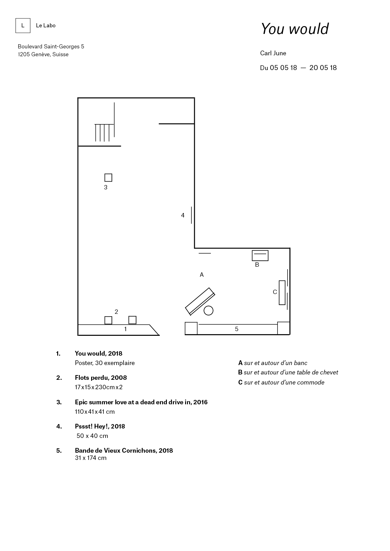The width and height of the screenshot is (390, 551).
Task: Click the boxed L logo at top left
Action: point(23,25)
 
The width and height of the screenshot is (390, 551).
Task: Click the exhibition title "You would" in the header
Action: point(294,29)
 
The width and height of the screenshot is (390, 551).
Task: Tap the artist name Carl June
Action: point(273,53)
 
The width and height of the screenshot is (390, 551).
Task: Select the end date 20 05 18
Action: point(323,68)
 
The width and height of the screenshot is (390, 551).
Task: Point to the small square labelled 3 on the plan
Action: point(108,177)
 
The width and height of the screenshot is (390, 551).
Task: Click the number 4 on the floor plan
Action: point(183,215)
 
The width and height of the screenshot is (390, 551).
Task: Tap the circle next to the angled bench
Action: point(208,310)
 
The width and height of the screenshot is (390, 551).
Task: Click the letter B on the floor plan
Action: point(257,265)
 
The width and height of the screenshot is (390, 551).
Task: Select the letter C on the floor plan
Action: point(275,292)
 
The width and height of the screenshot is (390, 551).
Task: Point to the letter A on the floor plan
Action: point(202,275)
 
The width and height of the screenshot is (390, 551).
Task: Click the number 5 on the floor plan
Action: point(237,329)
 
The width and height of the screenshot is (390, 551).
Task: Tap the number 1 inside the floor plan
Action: point(125,329)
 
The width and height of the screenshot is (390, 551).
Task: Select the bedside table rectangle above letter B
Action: point(260,255)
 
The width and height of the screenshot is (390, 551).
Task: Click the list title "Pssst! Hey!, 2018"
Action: point(100,426)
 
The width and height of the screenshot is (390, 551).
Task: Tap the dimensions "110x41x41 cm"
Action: point(95,412)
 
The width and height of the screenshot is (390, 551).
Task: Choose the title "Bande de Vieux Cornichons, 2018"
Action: point(124,450)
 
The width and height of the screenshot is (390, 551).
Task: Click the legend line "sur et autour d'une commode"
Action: point(284,382)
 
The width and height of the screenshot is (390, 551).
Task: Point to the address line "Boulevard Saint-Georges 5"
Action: point(51,46)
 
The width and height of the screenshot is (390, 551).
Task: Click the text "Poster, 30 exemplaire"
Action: point(105,363)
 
